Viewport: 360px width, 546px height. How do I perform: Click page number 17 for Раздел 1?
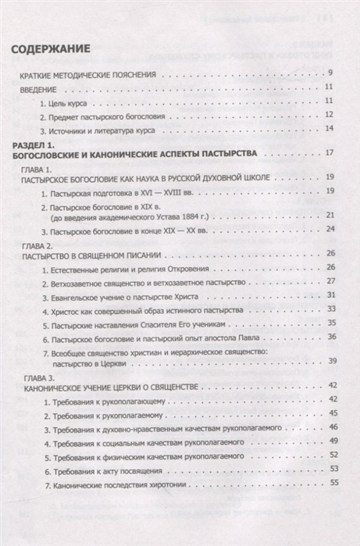pos(330,153)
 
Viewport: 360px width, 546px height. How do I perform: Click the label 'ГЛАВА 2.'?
pos(37,244)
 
